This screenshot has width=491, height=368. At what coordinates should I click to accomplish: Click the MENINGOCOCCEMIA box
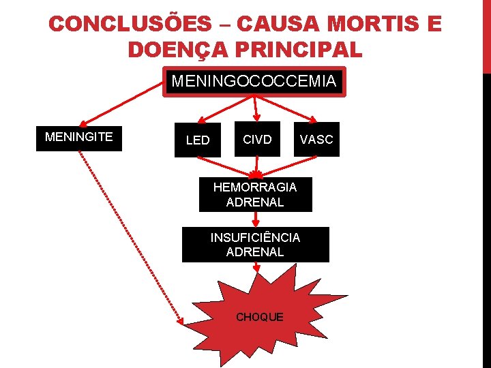tap(254, 82)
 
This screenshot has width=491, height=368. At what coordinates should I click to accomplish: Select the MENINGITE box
tap(79, 137)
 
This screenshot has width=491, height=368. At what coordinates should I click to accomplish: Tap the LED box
tap(198, 140)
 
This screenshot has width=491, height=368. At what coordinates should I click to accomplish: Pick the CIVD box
tap(257, 140)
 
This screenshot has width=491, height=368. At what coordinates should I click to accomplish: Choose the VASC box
tap(316, 140)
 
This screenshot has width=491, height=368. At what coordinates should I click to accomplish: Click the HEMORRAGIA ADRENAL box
tap(255, 194)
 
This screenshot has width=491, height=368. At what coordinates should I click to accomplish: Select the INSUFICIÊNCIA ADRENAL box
tap(255, 245)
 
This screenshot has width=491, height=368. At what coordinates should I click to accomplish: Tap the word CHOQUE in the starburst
tap(259, 317)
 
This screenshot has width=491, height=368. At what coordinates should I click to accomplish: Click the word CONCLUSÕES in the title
tap(130, 25)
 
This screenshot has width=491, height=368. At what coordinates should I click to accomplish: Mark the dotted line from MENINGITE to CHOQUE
tap(130, 235)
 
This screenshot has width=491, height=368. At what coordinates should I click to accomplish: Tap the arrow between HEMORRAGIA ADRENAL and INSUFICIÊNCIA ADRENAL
tap(255, 219)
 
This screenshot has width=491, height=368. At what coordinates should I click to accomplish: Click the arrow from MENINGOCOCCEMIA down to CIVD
tap(255, 109)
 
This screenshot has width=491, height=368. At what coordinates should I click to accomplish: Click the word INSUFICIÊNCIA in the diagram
tap(255, 238)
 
